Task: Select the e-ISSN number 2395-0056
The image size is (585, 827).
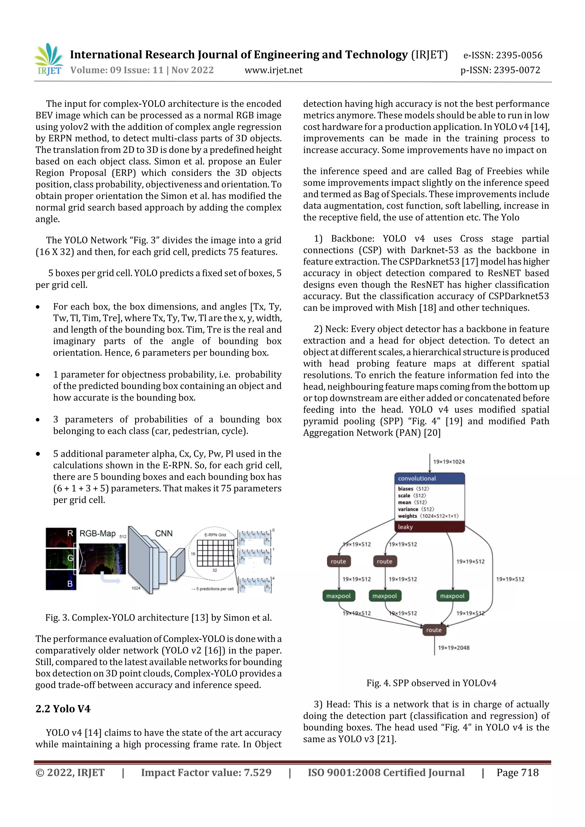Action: point(503,55)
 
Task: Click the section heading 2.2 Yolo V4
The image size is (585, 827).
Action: point(63,709)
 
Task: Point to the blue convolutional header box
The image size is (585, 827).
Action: point(429,478)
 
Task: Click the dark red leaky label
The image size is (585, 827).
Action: point(429,527)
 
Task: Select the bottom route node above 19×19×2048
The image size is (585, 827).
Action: point(434,630)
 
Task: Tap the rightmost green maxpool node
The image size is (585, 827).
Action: point(452,596)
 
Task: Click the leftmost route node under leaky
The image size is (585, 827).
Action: point(338,561)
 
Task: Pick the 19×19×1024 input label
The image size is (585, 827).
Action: point(449,462)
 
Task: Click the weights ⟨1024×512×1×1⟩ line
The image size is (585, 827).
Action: point(428,516)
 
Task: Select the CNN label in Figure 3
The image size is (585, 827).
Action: point(164,534)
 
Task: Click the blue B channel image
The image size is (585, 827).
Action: point(61,580)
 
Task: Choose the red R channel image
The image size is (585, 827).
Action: point(61,538)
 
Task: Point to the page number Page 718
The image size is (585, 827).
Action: point(517,772)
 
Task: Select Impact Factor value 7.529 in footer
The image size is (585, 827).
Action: point(206,772)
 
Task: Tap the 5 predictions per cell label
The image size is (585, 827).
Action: point(214,589)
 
